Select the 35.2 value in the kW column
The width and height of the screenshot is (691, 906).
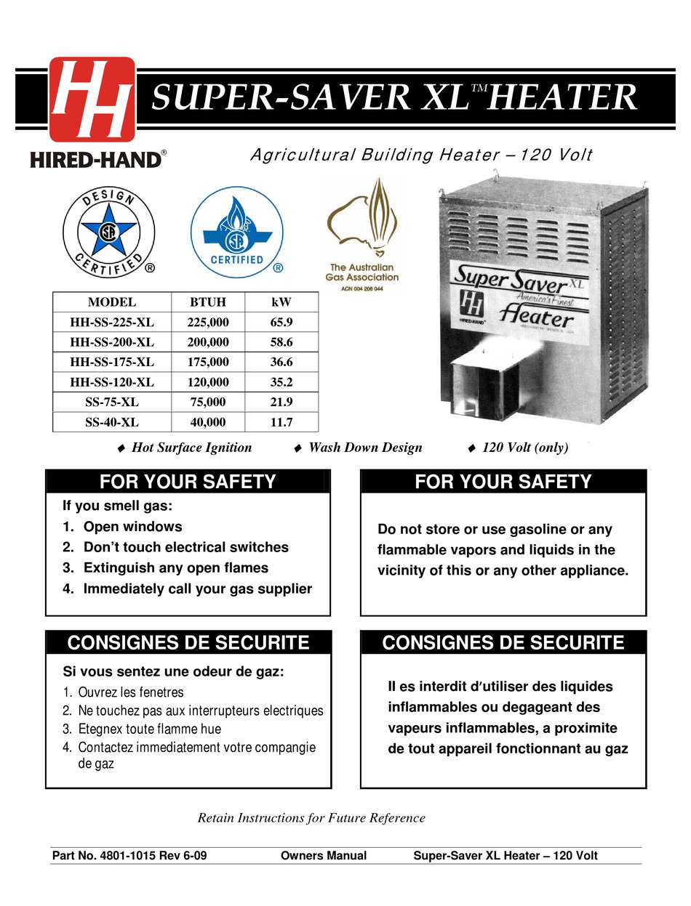(x=280, y=381)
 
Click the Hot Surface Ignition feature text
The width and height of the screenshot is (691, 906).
(x=191, y=448)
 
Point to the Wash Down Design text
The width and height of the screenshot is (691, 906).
(x=365, y=448)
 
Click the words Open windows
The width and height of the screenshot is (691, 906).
(x=132, y=527)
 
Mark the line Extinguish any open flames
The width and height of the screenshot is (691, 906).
(x=175, y=568)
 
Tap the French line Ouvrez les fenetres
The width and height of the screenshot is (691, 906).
(x=130, y=692)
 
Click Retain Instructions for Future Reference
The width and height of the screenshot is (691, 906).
(x=311, y=818)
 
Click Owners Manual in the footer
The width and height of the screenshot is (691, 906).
(x=323, y=856)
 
